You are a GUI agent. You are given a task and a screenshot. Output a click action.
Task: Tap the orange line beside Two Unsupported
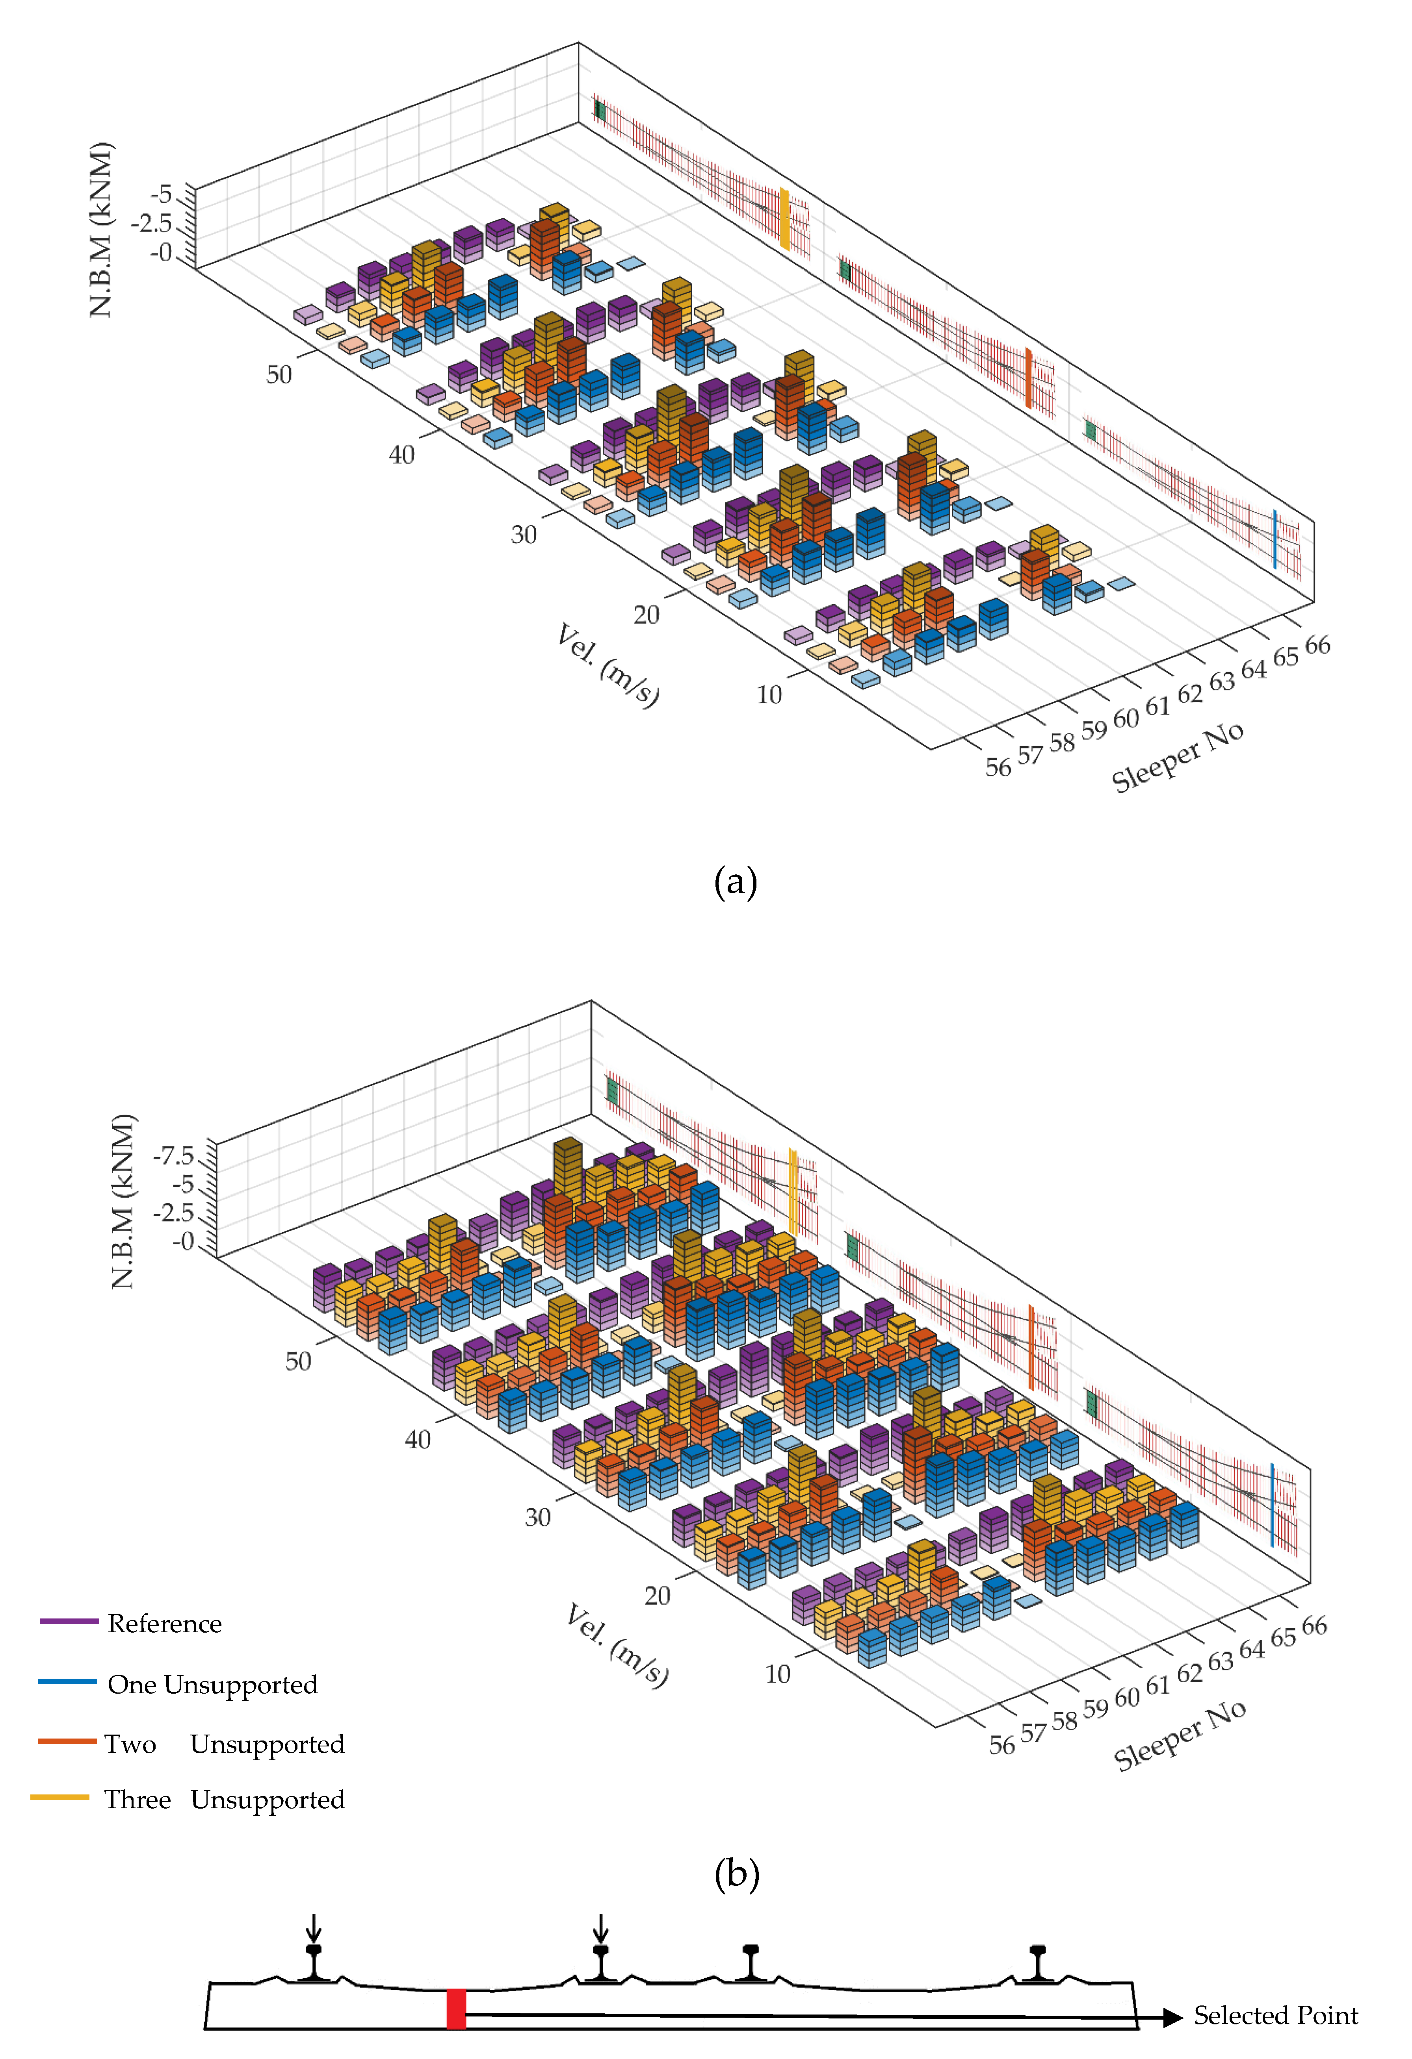tap(67, 1741)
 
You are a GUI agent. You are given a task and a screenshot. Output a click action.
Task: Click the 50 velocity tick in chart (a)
tap(279, 375)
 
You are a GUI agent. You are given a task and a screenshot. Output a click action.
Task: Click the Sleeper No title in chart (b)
tap(1180, 1735)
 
